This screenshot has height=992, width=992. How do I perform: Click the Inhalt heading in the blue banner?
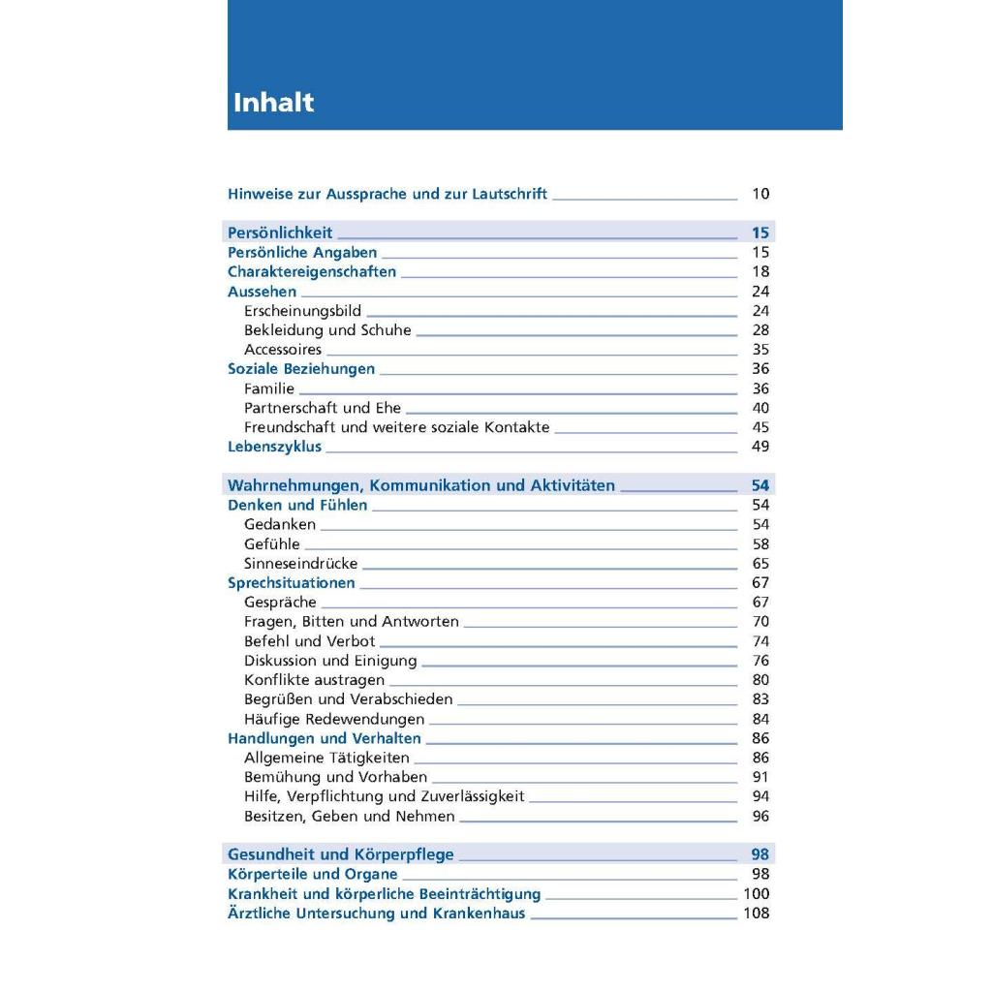tap(273, 103)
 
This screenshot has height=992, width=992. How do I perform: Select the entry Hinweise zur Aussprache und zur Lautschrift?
tap(387, 194)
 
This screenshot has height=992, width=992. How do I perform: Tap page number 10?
tap(760, 194)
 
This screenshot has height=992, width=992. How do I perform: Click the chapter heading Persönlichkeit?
tap(280, 232)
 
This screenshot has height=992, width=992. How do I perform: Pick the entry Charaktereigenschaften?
tap(312, 271)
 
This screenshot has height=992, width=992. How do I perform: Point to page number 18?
tap(760, 271)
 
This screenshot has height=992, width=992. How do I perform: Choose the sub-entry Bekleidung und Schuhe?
tap(327, 330)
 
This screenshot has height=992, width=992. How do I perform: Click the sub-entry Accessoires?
tap(283, 350)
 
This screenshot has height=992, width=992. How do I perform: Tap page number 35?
tap(760, 350)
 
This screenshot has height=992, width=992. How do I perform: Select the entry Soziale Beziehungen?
tap(301, 369)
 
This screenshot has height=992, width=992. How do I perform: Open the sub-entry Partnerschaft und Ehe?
tap(323, 408)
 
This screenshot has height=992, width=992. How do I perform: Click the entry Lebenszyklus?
tap(275, 447)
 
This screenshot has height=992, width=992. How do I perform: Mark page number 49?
tap(760, 447)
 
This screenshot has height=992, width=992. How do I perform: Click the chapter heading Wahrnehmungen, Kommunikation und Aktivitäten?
tap(421, 485)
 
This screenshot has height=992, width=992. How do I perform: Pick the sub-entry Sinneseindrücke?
tap(301, 563)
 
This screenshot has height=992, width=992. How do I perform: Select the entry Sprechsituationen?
tap(292, 582)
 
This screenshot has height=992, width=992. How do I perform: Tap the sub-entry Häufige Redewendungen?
tap(334, 719)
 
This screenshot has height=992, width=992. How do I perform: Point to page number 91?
tap(760, 777)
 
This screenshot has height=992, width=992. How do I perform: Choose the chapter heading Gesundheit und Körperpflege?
tap(341, 854)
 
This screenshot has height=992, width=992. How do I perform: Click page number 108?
tap(757, 913)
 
